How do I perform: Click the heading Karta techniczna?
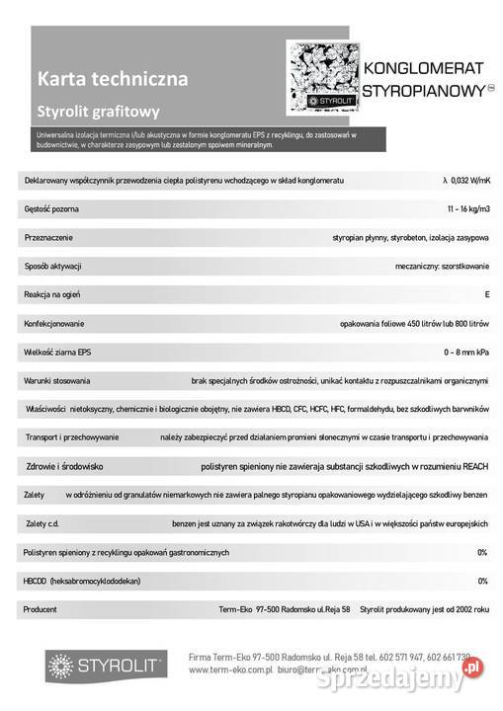click(112, 76)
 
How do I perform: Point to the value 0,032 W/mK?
click(465, 180)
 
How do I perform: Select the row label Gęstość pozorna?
click(51, 208)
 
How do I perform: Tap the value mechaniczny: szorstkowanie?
click(442, 266)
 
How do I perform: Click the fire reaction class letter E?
click(486, 294)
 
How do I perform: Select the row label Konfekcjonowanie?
click(54, 323)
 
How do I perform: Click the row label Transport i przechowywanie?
click(72, 437)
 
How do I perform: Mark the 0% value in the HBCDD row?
click(482, 581)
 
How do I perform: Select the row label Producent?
click(42, 609)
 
